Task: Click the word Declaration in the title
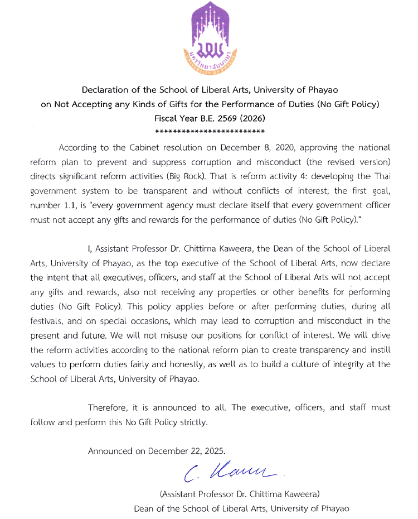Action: [105, 90]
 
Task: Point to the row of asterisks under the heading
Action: [209, 132]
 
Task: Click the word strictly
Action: [192, 422]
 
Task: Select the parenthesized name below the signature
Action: [240, 494]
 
